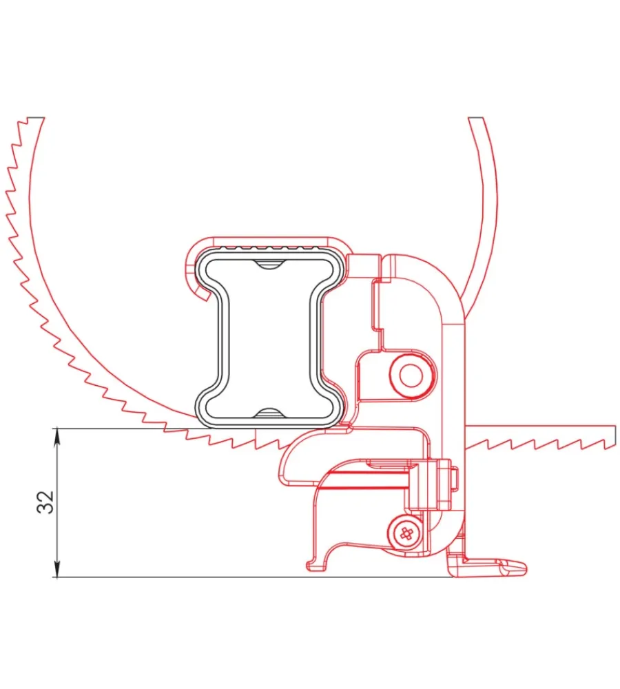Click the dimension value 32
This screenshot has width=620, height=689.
[45, 502]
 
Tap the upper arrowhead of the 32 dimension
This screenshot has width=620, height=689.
[57, 436]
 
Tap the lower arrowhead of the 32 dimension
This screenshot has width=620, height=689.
[57, 568]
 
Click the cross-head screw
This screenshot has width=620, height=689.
[406, 534]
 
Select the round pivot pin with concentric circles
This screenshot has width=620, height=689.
[411, 376]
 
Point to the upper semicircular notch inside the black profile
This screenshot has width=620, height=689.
[269, 264]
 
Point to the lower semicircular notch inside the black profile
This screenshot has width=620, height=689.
[269, 412]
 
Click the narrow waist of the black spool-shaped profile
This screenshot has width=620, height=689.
[269, 338]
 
